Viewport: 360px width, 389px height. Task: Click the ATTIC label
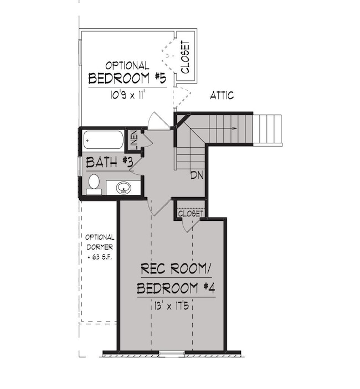click(222, 96)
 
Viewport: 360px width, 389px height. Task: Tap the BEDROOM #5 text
click(127, 78)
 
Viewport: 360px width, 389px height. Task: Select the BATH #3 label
click(106, 163)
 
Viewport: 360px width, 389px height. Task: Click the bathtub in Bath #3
click(104, 140)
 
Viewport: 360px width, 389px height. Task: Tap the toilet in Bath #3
click(94, 183)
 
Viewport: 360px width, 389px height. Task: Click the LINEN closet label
click(133, 141)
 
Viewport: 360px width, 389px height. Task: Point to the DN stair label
click(196, 175)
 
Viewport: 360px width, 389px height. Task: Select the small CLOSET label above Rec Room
click(191, 213)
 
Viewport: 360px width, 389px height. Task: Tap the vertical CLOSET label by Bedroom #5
click(185, 57)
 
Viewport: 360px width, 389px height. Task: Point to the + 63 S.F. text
click(100, 258)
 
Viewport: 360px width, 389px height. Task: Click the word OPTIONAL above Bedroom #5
click(127, 65)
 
